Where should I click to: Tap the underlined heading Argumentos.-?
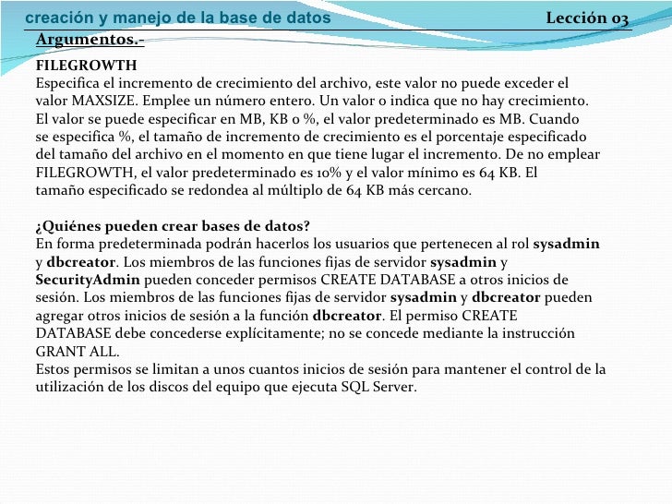coord(90,40)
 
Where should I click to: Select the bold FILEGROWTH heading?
coord(86,66)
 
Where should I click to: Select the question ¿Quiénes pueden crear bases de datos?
coord(173,227)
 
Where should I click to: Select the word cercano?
coord(443,191)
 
